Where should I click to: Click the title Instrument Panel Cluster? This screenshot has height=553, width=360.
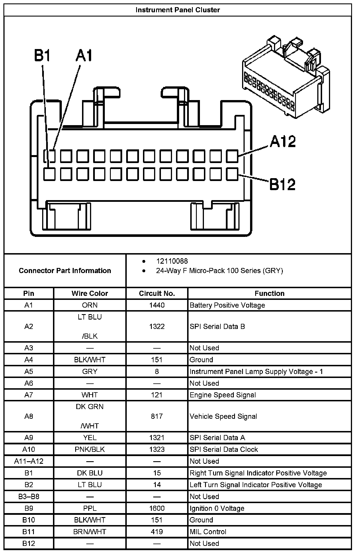tap(178, 10)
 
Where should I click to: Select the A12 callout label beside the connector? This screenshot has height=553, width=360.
tap(283, 141)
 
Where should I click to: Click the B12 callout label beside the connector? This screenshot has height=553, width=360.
tap(282, 184)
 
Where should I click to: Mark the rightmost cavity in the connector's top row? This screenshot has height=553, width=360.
tap(232, 156)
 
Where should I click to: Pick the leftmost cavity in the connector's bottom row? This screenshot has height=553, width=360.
tap(49, 174)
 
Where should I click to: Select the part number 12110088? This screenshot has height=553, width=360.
tap(172, 261)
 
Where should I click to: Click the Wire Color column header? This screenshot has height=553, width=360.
tap(90, 293)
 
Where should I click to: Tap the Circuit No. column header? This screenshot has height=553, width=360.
tap(157, 293)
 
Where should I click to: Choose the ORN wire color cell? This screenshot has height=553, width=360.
tap(90, 305)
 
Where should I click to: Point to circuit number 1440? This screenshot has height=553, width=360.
tap(157, 305)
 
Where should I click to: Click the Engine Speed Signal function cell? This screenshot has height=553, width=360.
tap(223, 395)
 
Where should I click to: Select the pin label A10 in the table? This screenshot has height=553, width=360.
tap(29, 450)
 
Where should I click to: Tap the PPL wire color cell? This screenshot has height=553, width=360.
tap(90, 508)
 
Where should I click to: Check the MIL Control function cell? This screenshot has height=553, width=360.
tap(208, 532)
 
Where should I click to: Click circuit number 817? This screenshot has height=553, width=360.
tap(157, 416)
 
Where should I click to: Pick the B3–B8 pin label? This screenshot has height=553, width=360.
tap(29, 497)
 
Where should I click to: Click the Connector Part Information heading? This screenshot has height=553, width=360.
tap(65, 271)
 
